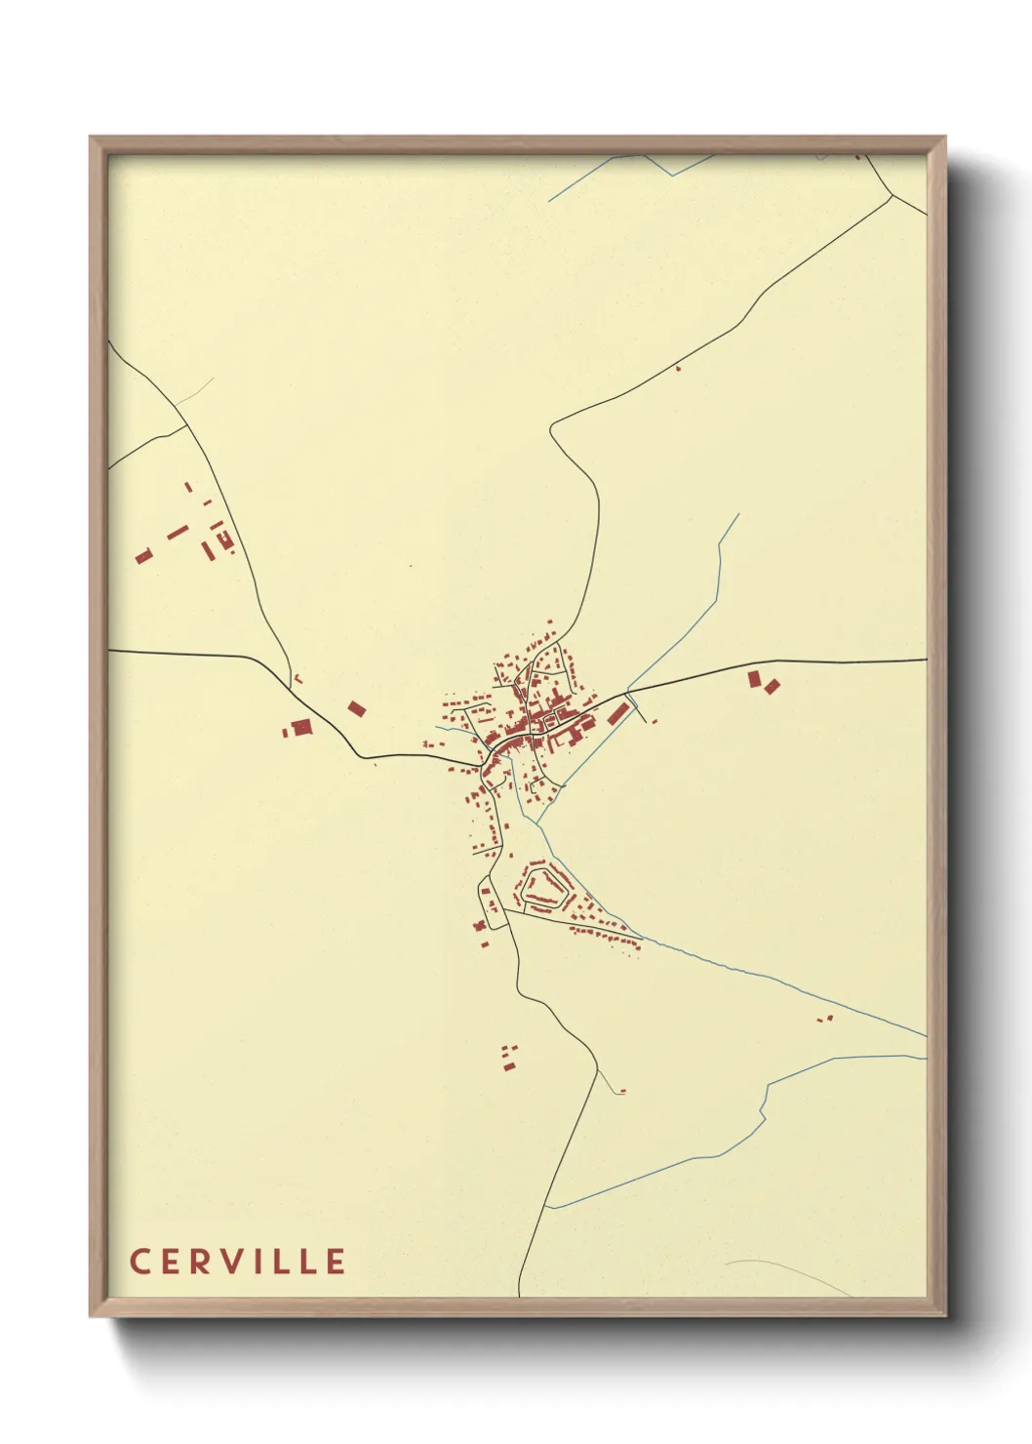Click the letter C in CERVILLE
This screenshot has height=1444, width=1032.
pos(139,1261)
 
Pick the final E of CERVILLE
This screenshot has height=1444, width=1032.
pos(337,1261)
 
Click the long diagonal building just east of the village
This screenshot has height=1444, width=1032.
pos(616,713)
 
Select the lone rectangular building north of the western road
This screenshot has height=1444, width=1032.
pos(356,708)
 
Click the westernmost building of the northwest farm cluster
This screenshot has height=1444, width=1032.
pos(143,556)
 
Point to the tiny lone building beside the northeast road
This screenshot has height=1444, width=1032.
pos(678,368)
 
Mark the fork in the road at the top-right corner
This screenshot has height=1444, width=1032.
pos(892,196)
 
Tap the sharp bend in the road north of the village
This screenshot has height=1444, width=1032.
pos(552,427)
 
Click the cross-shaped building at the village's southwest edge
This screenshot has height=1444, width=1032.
pos(480,925)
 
